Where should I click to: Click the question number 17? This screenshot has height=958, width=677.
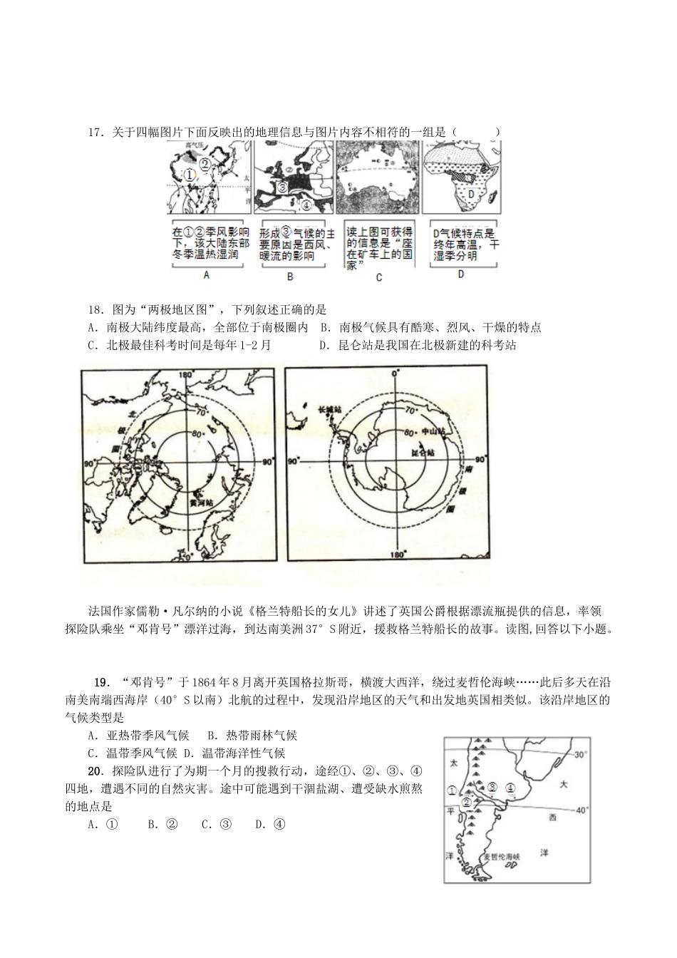click(95, 133)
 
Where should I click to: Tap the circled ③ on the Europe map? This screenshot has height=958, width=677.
click(281, 188)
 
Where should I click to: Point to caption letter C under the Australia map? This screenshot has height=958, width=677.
click(378, 277)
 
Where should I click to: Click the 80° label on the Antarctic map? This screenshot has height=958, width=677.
click(409, 432)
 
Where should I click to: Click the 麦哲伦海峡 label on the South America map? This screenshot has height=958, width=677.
click(502, 855)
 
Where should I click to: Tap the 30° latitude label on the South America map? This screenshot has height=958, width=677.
click(579, 754)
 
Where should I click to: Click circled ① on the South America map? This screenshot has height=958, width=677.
click(452, 789)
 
